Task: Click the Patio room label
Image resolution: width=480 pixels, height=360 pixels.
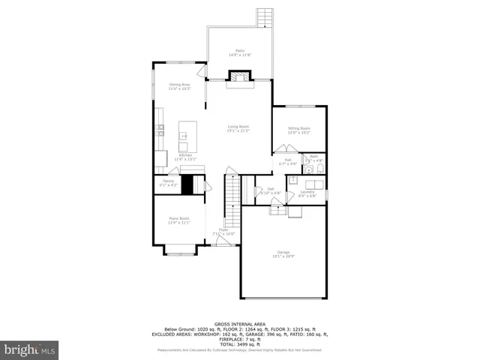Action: point(239,52)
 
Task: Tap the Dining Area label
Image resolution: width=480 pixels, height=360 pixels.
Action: point(179,87)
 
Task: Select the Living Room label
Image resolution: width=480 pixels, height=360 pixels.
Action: point(238,128)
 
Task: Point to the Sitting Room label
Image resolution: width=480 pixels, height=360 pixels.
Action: point(299,130)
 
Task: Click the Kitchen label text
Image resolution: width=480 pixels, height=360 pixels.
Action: point(185,157)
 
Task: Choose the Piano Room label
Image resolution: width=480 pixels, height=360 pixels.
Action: point(178,220)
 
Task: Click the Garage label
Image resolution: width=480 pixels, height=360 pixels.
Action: point(283,253)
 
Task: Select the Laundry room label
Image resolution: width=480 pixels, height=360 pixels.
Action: point(307,194)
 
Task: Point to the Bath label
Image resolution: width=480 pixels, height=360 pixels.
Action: point(313,157)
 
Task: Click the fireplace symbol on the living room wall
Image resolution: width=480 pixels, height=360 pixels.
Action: point(239,76)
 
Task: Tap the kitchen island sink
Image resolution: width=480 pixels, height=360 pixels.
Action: point(183,136)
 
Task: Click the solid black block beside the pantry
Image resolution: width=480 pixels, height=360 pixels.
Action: point(187,184)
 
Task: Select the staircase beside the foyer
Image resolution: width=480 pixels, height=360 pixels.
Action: point(232,201)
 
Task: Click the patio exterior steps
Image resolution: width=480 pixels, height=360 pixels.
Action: point(265,17)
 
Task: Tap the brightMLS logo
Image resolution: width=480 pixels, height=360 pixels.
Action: point(31,349)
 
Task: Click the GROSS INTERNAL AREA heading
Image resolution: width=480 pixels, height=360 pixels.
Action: point(240,324)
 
